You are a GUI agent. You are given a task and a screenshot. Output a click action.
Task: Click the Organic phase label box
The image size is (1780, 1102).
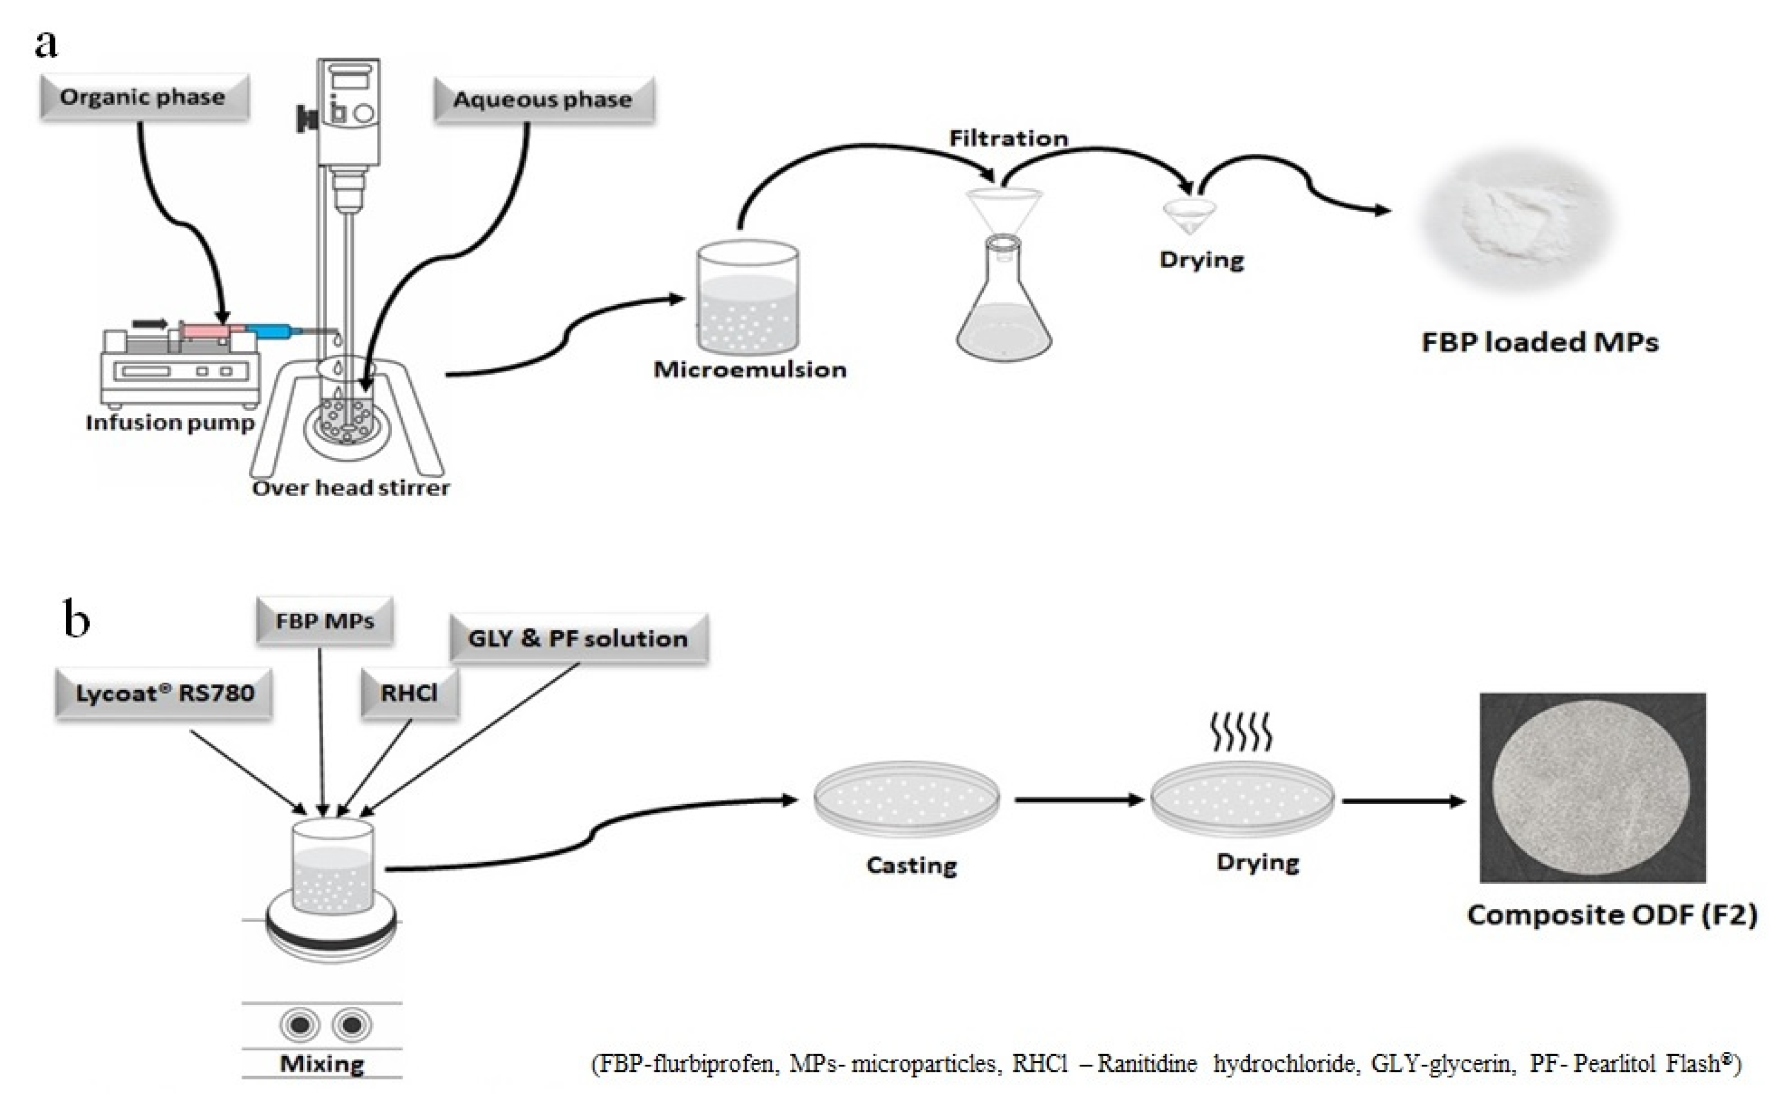(144, 97)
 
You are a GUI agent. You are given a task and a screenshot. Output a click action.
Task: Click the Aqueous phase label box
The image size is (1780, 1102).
(543, 99)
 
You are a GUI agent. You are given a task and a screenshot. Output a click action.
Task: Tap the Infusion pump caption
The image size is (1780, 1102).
(169, 423)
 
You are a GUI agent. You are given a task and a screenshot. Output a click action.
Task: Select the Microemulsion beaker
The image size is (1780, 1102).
(747, 299)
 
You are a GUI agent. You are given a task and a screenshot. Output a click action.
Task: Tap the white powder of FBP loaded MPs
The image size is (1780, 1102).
(1516, 219)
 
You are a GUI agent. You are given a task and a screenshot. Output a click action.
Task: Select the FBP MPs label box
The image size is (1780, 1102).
(324, 621)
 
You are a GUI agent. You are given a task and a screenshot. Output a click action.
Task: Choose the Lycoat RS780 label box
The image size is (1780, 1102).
(164, 693)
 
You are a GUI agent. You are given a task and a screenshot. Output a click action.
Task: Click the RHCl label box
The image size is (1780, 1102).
(410, 693)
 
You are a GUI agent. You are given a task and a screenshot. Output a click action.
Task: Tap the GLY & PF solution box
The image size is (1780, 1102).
(578, 639)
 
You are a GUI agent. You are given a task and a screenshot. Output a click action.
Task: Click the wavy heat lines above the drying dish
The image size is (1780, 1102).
(1241, 733)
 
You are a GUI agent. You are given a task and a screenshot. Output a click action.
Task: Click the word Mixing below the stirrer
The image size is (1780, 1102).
(321, 1063)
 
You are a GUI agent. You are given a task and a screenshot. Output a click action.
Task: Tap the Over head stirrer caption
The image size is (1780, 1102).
(351, 488)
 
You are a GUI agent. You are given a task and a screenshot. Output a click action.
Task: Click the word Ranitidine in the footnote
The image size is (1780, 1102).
(1147, 1064)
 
